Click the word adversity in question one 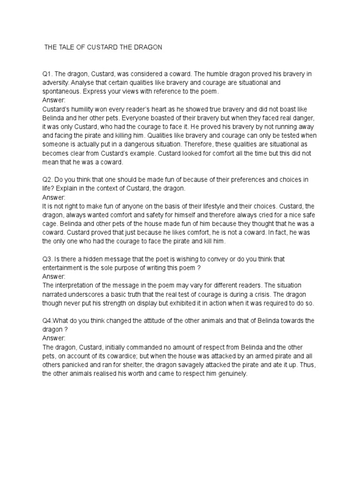tap(56, 82)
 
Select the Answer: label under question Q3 tap(54, 277)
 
